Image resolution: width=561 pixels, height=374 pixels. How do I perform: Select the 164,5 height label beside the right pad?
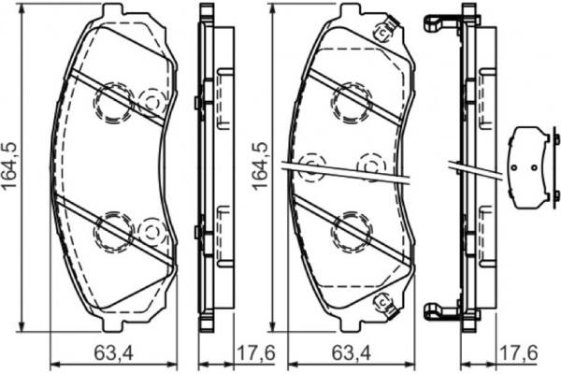tap(261, 165)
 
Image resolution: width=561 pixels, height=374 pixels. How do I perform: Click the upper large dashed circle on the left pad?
tap(114, 102)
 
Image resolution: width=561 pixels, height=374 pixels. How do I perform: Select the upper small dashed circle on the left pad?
tap(151, 101)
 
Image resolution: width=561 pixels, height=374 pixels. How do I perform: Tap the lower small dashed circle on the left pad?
tap(151, 229)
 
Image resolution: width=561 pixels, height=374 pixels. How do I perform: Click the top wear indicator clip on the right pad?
tap(381, 32)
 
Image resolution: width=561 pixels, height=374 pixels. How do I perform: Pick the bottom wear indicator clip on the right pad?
tap(381, 301)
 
